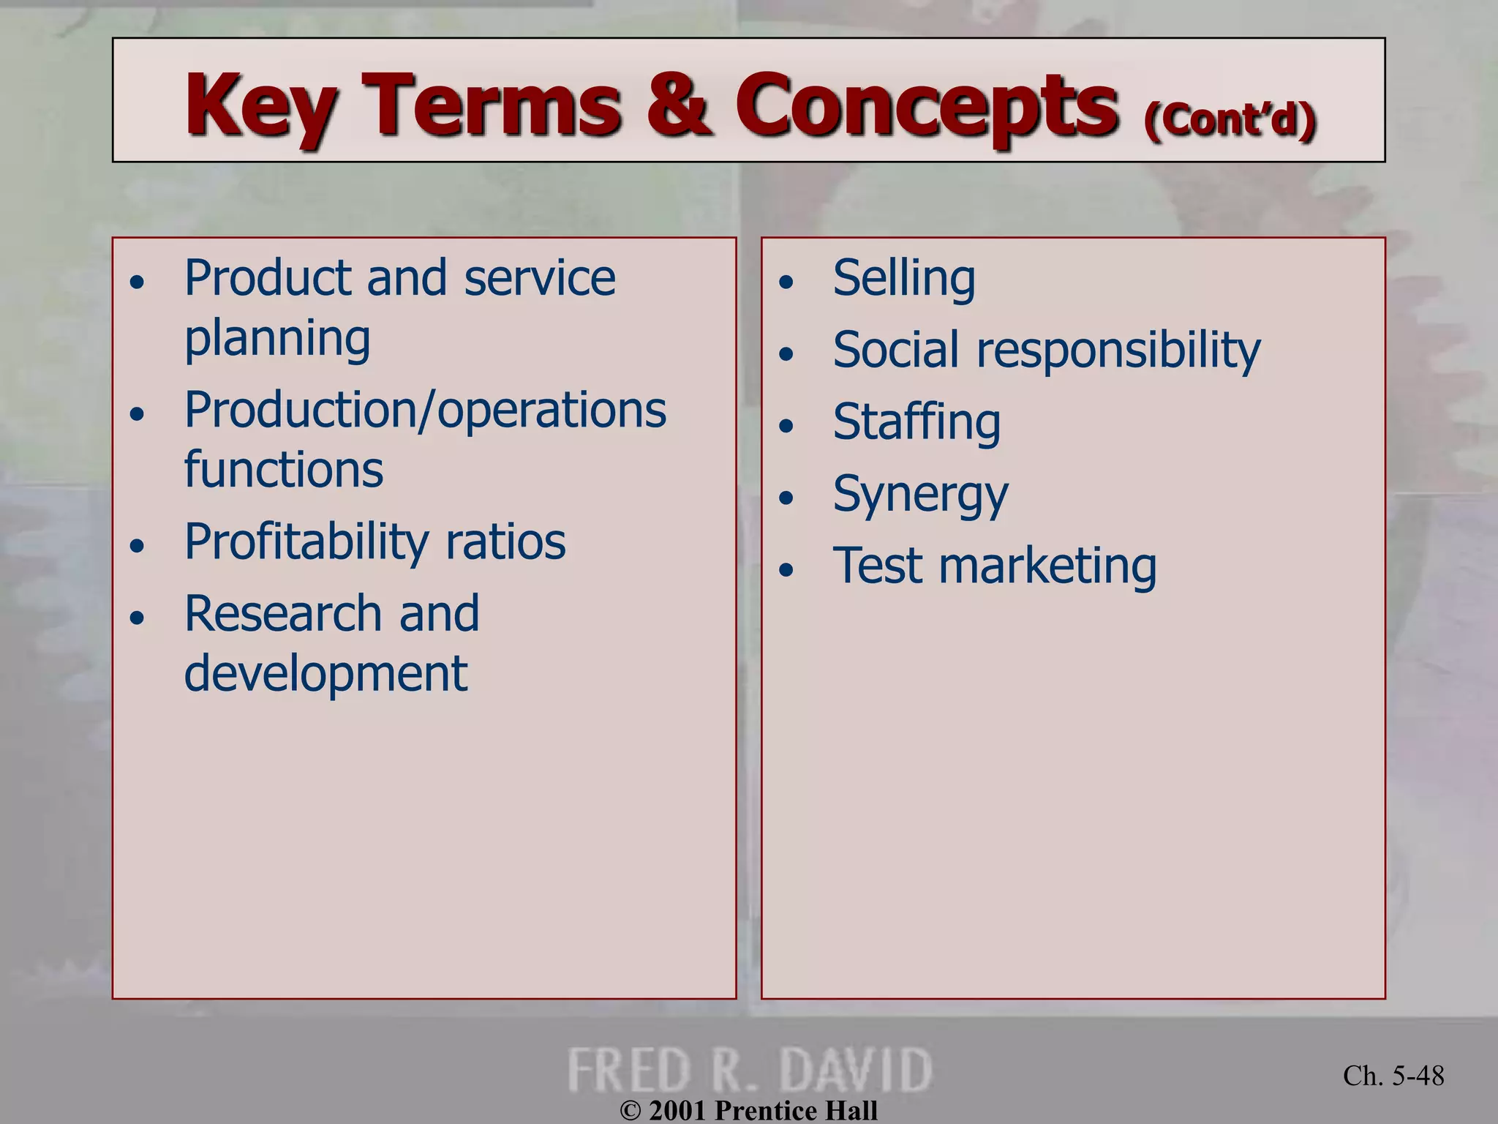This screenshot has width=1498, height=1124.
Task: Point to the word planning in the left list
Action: click(x=277, y=339)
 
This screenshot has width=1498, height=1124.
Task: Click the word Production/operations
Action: click(x=425, y=410)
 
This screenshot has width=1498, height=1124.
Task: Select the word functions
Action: click(x=283, y=470)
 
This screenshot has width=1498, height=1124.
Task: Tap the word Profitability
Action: click(x=306, y=542)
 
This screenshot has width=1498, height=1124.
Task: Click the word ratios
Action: click(x=505, y=542)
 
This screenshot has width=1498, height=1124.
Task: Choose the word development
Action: click(x=325, y=673)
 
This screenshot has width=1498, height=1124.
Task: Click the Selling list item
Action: click(x=904, y=279)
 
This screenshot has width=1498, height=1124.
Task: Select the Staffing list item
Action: click(x=917, y=422)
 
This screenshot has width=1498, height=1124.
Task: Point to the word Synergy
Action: click(x=920, y=495)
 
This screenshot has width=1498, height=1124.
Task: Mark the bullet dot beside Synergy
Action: click(x=786, y=498)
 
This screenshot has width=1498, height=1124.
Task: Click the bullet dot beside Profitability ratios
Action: click(x=137, y=546)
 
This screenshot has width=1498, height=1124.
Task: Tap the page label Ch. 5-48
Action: click(x=1393, y=1076)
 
